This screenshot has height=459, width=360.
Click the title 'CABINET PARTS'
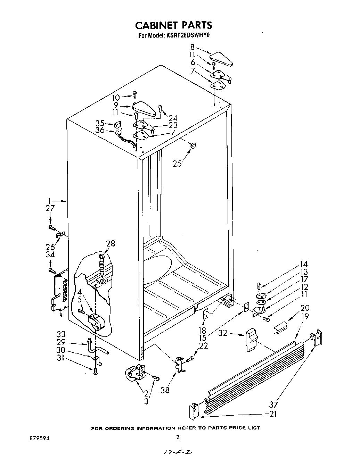173,25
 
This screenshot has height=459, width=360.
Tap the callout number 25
177,164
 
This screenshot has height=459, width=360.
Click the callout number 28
110,243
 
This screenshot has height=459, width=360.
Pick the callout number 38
165,390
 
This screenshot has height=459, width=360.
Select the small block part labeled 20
280,327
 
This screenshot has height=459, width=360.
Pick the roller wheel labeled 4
97,322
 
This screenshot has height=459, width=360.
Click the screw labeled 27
51,228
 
